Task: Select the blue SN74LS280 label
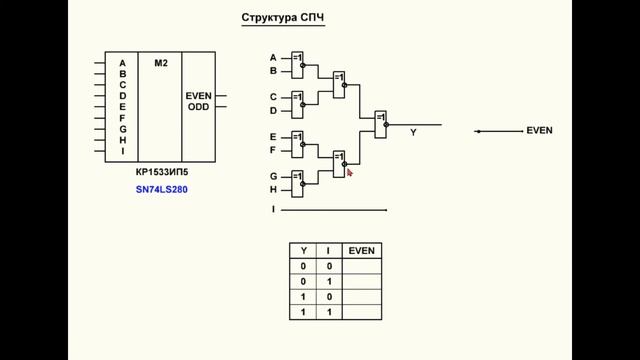point(161,189)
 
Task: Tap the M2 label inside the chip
point(160,63)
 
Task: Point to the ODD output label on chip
point(198,107)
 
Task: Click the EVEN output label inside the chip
point(198,96)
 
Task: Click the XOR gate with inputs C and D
point(297,103)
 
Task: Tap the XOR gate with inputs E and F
point(297,143)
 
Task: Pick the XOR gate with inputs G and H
point(297,182)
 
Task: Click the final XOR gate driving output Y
point(380,123)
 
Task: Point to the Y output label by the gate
point(413,132)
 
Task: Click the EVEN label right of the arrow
point(539,131)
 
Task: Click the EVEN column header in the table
point(361,250)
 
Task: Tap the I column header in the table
point(328,250)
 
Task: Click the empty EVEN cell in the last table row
point(361,312)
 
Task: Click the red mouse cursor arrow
point(349,172)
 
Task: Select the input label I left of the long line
point(273,209)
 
